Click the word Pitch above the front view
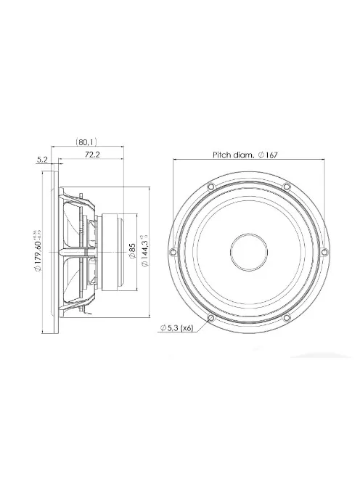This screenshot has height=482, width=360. click(221, 155)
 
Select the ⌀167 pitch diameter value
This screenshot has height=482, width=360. click(272, 155)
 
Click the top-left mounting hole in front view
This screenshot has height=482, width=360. click(211, 187)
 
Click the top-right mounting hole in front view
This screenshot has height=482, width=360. click(286, 187)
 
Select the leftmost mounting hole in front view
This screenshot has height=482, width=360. click(173, 253)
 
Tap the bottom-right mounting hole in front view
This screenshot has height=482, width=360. click(286, 317)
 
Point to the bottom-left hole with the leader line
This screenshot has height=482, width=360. click(211, 317)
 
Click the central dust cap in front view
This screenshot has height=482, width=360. click(248, 253)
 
